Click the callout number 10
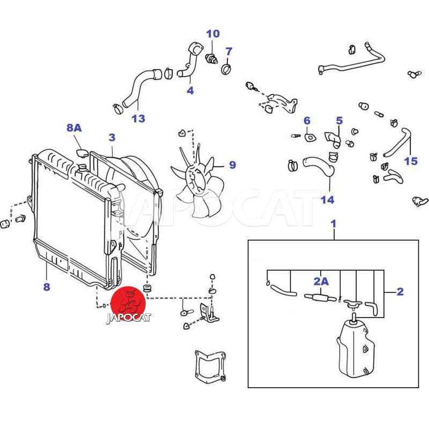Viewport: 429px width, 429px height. [213, 34]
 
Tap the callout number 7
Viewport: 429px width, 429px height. [229, 51]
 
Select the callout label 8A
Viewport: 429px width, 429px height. [74, 128]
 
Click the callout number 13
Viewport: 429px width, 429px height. [138, 119]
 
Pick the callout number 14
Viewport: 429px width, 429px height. [327, 200]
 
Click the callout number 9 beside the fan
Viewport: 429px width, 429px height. [232, 165]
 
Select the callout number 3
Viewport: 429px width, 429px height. [112, 138]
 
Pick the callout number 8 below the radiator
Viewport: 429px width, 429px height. [47, 287]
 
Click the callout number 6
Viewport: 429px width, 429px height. [307, 121]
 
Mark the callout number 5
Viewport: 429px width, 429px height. [339, 121]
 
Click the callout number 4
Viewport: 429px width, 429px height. [190, 91]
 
